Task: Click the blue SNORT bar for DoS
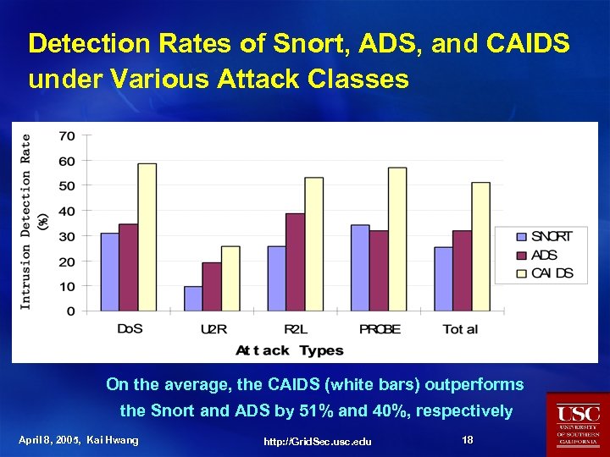coord(109,272)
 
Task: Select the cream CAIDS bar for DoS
coord(147,237)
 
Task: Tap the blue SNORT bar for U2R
coord(193,299)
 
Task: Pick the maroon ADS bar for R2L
coord(295,262)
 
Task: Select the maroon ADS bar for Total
coord(462,271)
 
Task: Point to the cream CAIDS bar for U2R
coord(230,278)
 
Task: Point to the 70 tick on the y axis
coord(66,135)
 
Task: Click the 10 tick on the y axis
coord(66,286)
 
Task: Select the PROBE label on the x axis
coord(379,328)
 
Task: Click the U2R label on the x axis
coord(212,328)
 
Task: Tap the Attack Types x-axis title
coord(289,350)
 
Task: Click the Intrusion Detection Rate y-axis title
coord(31,222)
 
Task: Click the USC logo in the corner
coord(578,423)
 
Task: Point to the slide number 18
coord(468,440)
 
